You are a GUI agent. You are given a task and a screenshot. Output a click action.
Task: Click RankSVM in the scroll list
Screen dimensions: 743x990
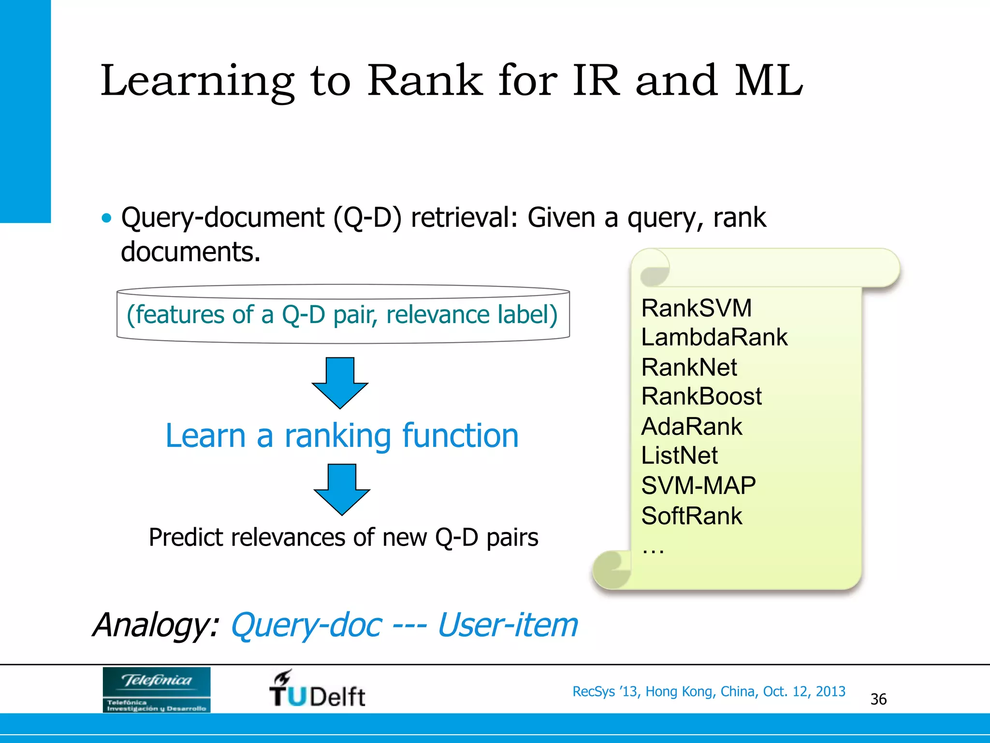696,308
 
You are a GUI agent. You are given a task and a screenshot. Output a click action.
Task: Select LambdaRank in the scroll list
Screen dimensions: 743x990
714,337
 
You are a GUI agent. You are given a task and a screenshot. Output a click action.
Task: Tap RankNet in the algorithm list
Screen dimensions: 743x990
689,367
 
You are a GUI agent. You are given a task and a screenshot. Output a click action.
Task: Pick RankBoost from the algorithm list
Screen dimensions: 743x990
701,396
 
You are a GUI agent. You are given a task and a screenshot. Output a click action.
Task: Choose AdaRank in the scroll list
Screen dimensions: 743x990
691,426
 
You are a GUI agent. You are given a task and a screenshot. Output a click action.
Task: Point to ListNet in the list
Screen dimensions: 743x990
679,455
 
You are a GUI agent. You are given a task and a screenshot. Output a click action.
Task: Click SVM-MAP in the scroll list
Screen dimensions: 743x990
698,485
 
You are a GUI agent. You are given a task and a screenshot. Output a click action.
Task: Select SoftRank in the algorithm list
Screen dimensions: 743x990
691,516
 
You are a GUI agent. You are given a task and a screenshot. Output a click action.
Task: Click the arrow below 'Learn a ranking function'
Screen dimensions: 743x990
342,489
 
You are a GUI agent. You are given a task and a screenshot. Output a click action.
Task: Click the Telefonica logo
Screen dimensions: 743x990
156,689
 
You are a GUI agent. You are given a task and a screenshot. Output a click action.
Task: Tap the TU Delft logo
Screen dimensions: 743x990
317,689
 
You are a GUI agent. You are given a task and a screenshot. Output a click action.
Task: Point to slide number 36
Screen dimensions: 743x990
878,699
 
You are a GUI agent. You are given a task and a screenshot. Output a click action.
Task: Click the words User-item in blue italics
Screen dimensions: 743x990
507,625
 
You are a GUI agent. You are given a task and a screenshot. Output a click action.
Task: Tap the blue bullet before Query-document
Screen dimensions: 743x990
106,218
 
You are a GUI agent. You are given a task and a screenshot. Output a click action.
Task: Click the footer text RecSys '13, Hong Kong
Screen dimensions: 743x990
709,691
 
